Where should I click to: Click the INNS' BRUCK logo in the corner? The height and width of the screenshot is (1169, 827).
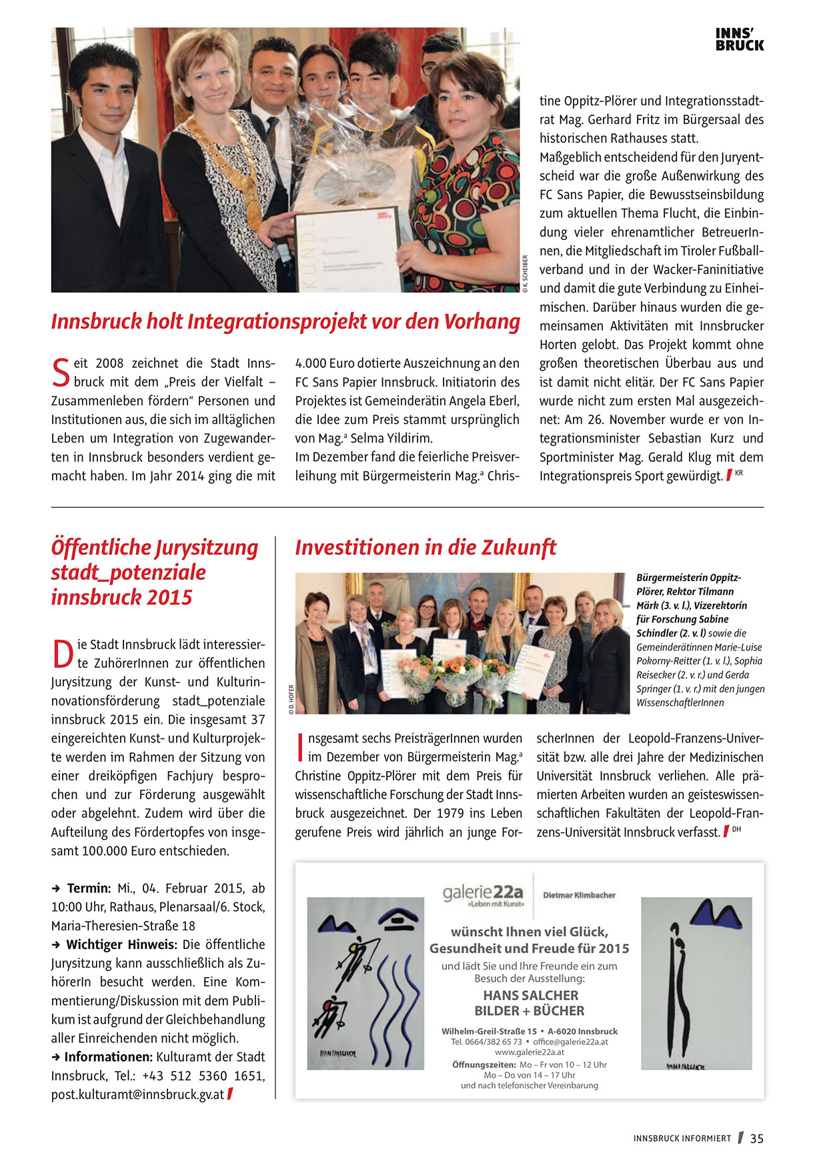tap(740, 40)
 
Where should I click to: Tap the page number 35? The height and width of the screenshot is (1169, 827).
tap(757, 1138)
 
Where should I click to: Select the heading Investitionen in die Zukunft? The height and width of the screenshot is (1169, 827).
tap(426, 547)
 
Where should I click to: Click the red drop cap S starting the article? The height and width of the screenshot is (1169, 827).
tap(60, 373)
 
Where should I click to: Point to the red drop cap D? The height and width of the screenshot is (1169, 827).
tap(62, 653)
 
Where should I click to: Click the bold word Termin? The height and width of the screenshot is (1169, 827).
tap(89, 888)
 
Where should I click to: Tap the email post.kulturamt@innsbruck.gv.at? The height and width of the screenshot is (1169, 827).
tap(137, 1094)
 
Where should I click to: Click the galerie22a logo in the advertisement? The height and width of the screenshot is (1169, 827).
tap(484, 894)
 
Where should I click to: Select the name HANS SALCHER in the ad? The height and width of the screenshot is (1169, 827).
tap(530, 995)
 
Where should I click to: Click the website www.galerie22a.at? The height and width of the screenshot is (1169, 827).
tap(530, 1052)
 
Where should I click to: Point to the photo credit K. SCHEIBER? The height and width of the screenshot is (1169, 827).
tap(526, 274)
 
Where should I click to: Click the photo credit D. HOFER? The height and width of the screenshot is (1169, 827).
tap(291, 700)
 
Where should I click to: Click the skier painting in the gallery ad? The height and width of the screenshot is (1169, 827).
tap(365, 983)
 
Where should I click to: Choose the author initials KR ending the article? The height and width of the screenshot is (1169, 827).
tap(739, 473)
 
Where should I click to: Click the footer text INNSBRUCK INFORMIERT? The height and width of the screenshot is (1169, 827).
tap(682, 1139)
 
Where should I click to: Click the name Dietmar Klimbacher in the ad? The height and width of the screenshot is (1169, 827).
tap(579, 895)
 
